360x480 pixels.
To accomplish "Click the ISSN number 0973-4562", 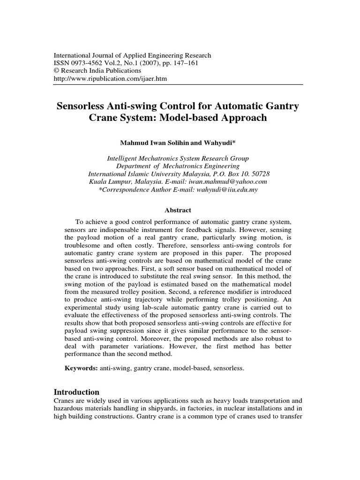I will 89,63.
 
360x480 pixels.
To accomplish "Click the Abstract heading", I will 178,210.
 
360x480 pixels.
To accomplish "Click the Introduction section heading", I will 76,392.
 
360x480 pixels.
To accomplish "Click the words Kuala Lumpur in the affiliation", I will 107,182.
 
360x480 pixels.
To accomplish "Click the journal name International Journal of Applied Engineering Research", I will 133,55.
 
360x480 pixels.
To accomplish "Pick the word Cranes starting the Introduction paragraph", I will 65,401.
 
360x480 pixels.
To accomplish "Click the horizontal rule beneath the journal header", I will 180,85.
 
